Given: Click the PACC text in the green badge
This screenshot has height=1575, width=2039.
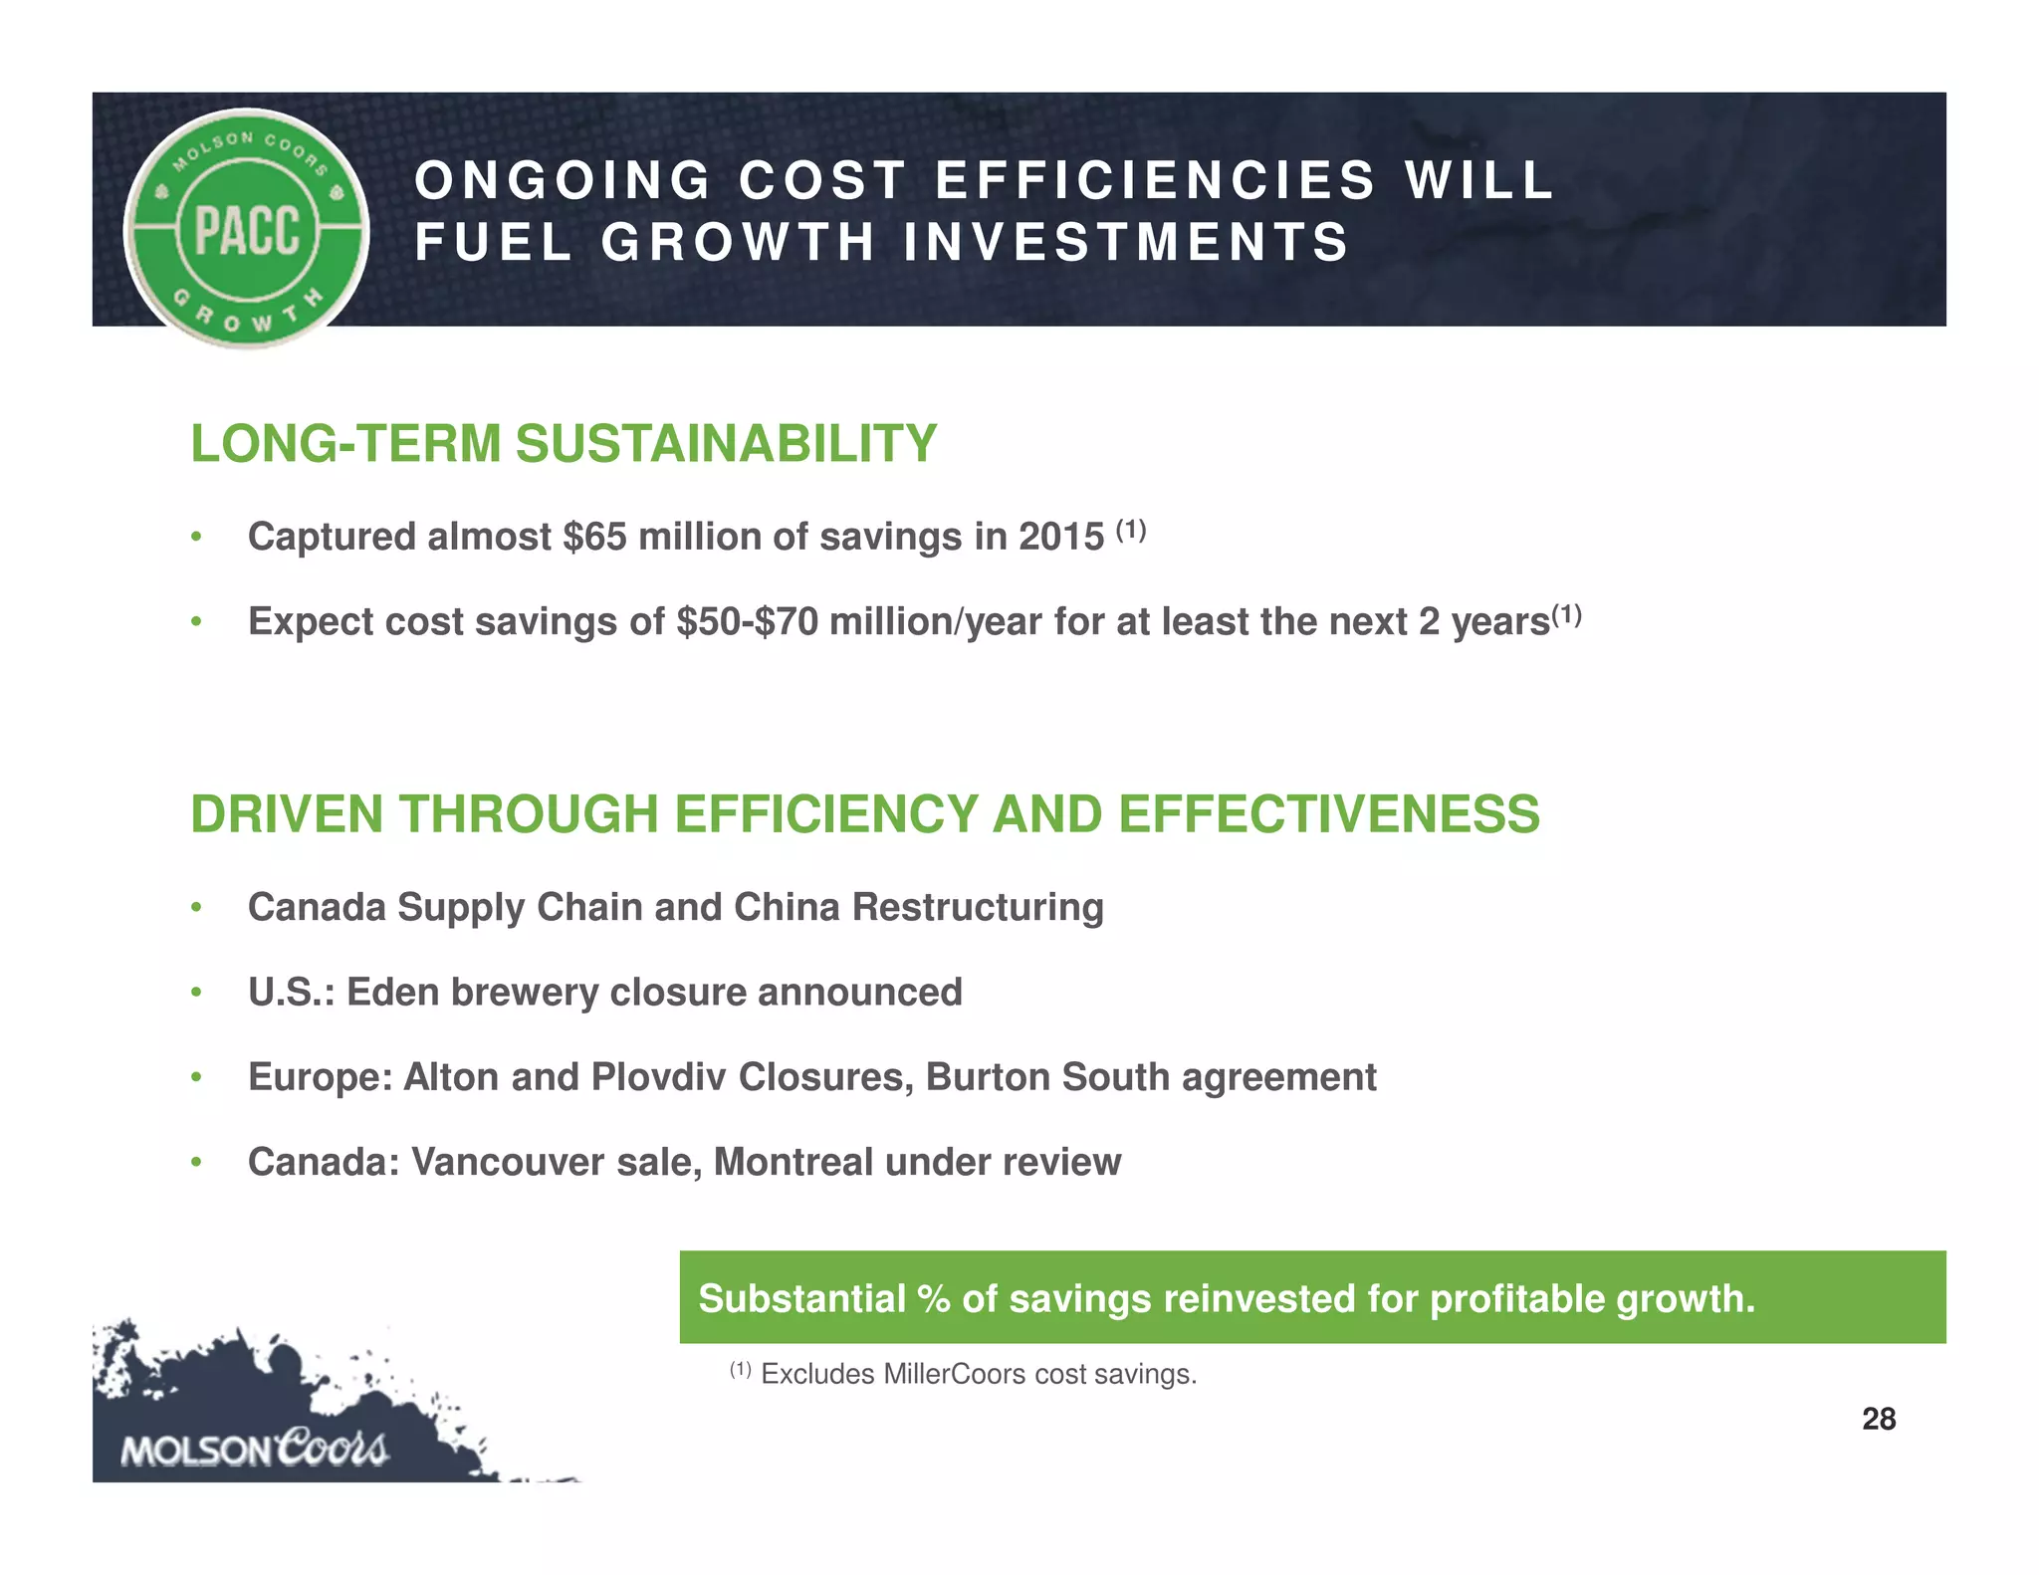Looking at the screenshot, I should tap(247, 230).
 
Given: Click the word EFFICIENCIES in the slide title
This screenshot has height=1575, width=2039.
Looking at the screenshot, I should tap(1155, 181).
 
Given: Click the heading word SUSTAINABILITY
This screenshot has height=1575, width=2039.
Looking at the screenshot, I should tap(726, 444).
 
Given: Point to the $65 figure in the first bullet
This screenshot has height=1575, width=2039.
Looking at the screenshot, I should tap(594, 538).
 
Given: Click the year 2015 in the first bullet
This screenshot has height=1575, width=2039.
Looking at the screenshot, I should tap(1060, 538).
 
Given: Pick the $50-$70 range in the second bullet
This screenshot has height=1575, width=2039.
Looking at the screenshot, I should tap(747, 622).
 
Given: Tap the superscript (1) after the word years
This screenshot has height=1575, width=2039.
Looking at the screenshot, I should tap(1567, 614).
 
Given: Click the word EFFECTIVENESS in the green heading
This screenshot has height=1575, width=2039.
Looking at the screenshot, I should tap(1328, 814).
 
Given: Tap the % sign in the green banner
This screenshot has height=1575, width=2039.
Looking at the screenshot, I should tap(934, 1299).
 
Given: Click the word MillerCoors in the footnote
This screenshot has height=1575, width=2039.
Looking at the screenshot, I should tap(954, 1375).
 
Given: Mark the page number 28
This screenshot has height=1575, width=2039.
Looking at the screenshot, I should tap(1878, 1419).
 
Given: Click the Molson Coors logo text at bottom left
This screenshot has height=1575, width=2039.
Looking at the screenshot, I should tap(254, 1450).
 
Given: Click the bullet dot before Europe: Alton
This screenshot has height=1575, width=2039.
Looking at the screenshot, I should tap(197, 1077).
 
